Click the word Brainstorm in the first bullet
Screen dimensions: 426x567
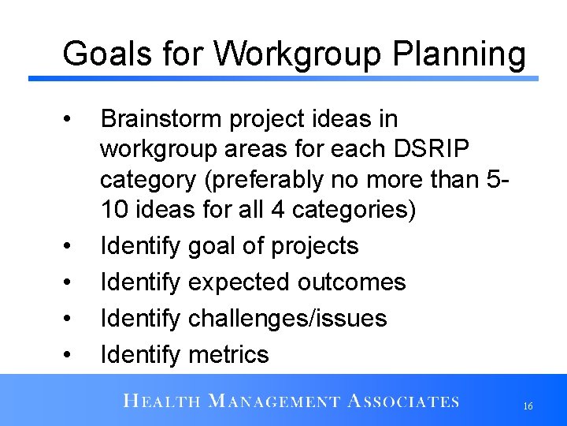[162, 119]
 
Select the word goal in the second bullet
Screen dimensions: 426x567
[213, 246]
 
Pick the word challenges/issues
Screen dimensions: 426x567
[287, 319]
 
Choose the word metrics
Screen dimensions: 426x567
[228, 355]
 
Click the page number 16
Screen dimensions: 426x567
[528, 405]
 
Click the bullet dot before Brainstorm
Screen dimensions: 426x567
[70, 121]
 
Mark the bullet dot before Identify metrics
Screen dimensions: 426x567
[70, 356]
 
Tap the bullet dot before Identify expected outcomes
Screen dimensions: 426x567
[70, 283]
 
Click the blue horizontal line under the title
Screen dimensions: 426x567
[283, 78]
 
